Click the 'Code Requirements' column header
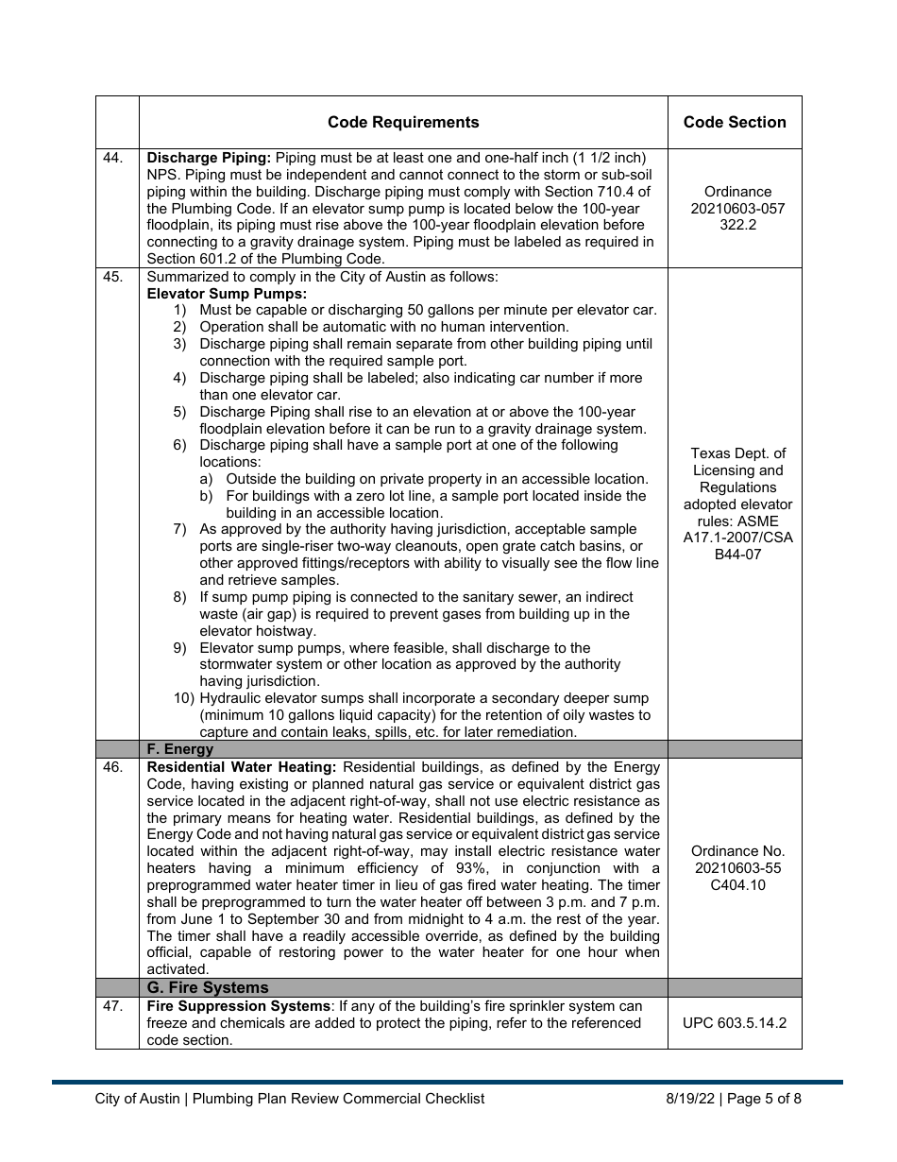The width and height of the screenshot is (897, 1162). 403,122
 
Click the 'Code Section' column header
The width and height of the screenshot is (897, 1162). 735,122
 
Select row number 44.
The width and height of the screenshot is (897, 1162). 112,158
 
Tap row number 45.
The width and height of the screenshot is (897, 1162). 112,277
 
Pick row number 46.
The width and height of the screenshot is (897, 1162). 112,767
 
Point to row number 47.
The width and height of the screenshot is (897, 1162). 112,1006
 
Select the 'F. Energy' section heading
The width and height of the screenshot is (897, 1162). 179,749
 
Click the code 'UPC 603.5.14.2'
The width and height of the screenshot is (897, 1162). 735,1023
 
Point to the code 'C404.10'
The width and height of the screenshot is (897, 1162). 737,885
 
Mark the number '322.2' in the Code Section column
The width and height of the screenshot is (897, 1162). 737,225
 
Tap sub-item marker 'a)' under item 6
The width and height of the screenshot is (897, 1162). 207,479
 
